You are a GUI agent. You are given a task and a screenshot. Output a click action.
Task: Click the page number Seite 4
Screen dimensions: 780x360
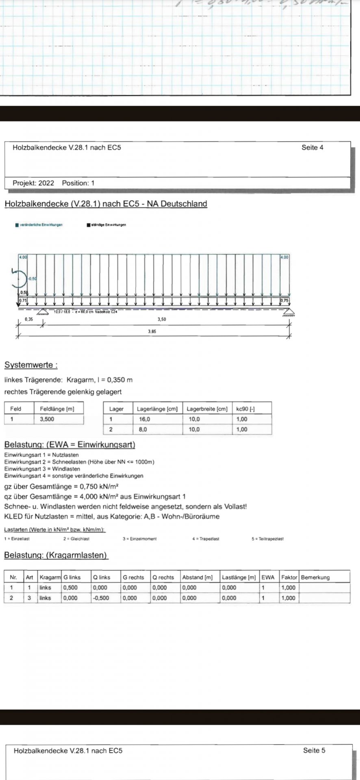click(312, 147)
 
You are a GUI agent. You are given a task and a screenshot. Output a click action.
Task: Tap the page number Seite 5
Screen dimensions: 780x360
click(314, 750)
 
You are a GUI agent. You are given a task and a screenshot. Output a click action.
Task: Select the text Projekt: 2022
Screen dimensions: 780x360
click(33, 183)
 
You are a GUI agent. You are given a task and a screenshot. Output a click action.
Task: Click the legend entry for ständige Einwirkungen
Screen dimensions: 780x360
click(106, 225)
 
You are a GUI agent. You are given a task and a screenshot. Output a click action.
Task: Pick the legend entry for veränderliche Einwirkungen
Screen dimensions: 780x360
click(39, 225)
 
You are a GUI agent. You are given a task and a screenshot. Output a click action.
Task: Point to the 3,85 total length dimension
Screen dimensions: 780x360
click(152, 331)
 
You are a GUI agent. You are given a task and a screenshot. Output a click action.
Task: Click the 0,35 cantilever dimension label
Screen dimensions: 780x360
click(29, 320)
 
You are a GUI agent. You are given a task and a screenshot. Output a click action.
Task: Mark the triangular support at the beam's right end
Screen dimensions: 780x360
click(289, 312)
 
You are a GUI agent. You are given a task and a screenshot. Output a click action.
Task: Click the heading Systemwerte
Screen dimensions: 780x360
click(31, 365)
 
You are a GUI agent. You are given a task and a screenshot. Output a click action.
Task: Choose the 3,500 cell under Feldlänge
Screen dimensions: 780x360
click(47, 419)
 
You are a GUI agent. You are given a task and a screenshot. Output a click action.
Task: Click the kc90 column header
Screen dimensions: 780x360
click(245, 409)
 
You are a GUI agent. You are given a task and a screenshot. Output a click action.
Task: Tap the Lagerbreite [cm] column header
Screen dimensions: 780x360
click(207, 409)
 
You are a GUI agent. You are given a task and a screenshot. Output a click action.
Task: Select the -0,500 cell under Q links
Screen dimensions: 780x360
click(101, 598)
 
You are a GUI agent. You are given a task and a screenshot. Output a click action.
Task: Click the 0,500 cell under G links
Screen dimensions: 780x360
click(70, 587)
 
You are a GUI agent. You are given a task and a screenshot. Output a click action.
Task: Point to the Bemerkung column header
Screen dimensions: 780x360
click(315, 577)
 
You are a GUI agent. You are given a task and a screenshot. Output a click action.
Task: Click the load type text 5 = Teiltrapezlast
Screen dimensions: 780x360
click(267, 539)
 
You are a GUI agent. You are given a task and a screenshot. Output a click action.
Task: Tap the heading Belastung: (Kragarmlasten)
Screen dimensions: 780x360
click(56, 555)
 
